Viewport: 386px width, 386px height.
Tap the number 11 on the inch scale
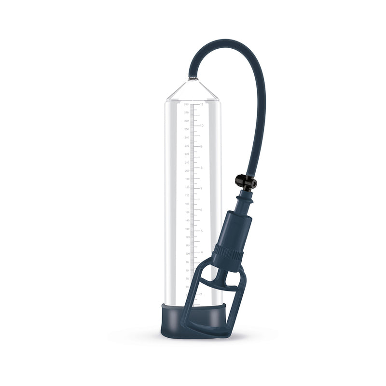point(202,104)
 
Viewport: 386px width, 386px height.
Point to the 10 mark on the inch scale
point(202,125)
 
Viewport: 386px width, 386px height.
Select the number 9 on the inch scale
point(201,146)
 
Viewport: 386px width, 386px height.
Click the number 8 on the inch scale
point(201,167)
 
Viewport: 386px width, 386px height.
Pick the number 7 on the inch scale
point(201,189)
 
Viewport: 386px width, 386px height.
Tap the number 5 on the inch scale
point(201,231)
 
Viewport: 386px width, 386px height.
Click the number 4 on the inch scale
point(201,252)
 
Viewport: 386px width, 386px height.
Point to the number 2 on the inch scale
point(201,294)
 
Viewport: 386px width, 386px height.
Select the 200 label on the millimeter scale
point(186,171)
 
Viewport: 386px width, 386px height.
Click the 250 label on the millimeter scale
point(186,129)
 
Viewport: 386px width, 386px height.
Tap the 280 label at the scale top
point(186,104)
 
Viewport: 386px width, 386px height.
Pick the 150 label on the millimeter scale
point(186,212)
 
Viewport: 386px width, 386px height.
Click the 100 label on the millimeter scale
point(186,254)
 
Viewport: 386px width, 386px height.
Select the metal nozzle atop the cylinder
point(192,78)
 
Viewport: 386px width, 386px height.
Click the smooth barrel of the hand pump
point(234,227)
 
